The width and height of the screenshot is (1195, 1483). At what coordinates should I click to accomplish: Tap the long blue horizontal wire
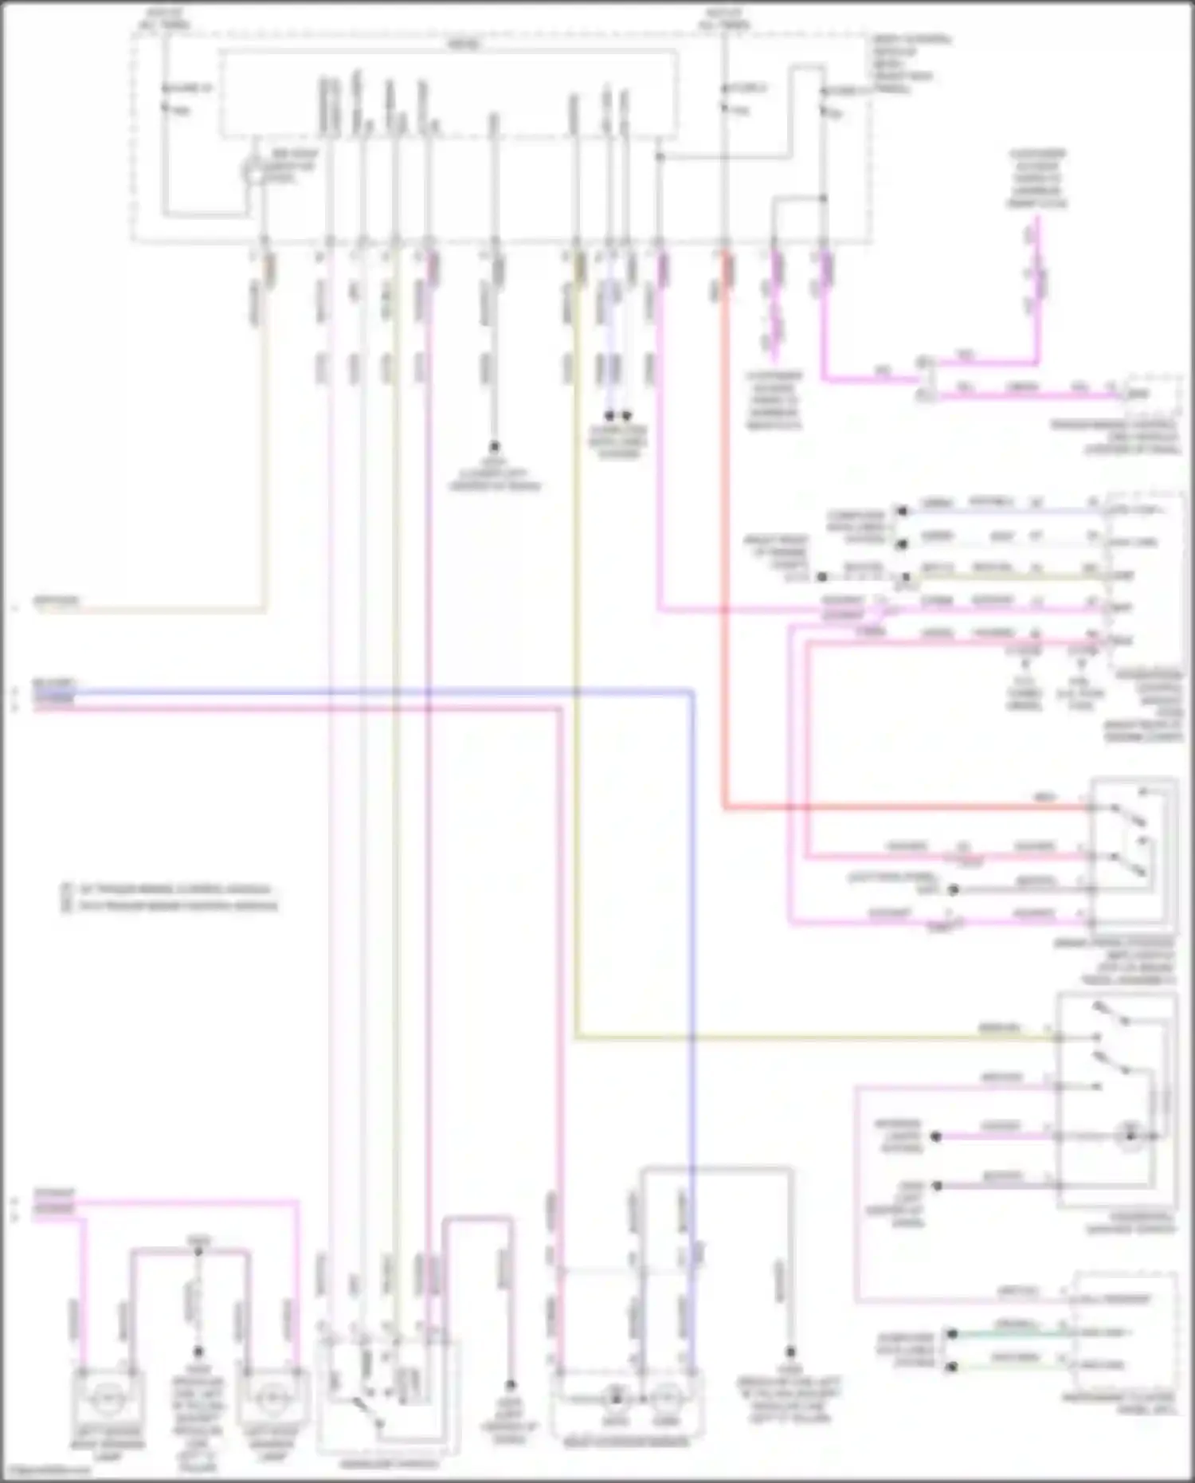pyautogui.click(x=358, y=692)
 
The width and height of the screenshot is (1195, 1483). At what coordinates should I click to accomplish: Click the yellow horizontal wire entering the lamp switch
pyautogui.click(x=797, y=1038)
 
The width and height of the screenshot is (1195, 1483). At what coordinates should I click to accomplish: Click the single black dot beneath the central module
pyautogui.click(x=494, y=447)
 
